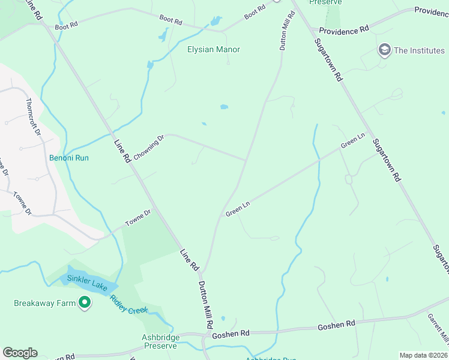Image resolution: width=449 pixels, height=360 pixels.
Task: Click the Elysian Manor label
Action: pos(213,49)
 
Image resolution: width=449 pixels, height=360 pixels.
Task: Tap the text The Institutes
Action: pos(419,50)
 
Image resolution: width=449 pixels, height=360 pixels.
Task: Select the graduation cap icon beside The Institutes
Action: pos(384,50)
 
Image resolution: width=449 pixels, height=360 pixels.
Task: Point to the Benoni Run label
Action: pos(69,158)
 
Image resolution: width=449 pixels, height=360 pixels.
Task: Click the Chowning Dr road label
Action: pos(148,148)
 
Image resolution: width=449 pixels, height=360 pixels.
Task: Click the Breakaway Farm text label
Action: pos(45,303)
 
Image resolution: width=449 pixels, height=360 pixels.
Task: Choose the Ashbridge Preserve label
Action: pos(160,342)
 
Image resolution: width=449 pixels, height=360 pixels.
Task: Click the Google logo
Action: pos(20,353)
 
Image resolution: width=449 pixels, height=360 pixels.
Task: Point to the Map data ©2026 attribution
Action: pos(423,355)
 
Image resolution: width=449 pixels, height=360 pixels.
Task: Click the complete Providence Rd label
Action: pos(344,30)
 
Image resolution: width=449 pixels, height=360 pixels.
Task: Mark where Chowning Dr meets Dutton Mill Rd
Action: pos(246,160)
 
